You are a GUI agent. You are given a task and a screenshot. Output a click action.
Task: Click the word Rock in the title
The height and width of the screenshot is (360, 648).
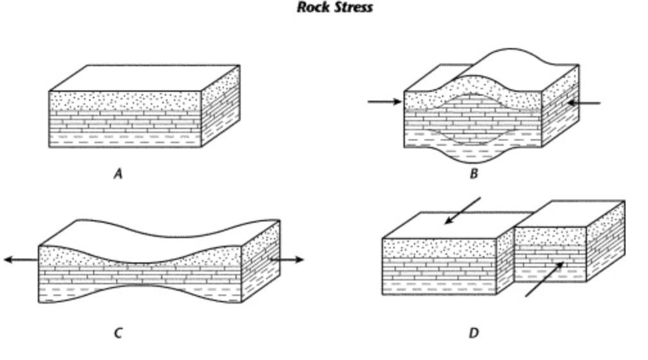pos(312,8)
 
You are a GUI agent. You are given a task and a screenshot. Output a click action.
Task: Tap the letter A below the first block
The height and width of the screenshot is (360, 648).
pos(117,173)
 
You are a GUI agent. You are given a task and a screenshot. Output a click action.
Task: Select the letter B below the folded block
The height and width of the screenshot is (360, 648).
pos(473,173)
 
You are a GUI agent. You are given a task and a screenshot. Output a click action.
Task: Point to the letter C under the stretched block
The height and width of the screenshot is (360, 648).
pos(117,332)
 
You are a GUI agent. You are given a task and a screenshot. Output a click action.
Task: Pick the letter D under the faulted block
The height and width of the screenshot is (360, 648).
pos(473,332)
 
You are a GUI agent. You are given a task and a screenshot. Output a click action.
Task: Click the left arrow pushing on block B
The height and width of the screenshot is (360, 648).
pos(384,101)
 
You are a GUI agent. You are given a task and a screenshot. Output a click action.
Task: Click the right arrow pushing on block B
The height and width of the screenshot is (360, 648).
pos(583,103)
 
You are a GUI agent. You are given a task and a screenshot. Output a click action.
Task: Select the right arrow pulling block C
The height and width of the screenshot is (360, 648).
pos(287,259)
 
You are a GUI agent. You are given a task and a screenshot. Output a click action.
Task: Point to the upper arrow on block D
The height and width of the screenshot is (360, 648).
pos(463,211)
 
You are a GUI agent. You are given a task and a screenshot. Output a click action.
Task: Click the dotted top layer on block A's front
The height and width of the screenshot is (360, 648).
pos(125,100)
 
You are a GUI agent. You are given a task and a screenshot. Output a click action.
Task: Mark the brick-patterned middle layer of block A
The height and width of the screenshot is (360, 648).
pos(125,121)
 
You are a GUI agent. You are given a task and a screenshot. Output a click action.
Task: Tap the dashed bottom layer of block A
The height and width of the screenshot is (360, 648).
pos(125,139)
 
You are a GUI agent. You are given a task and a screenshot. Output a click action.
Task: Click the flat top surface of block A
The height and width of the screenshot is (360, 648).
pos(144,78)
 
